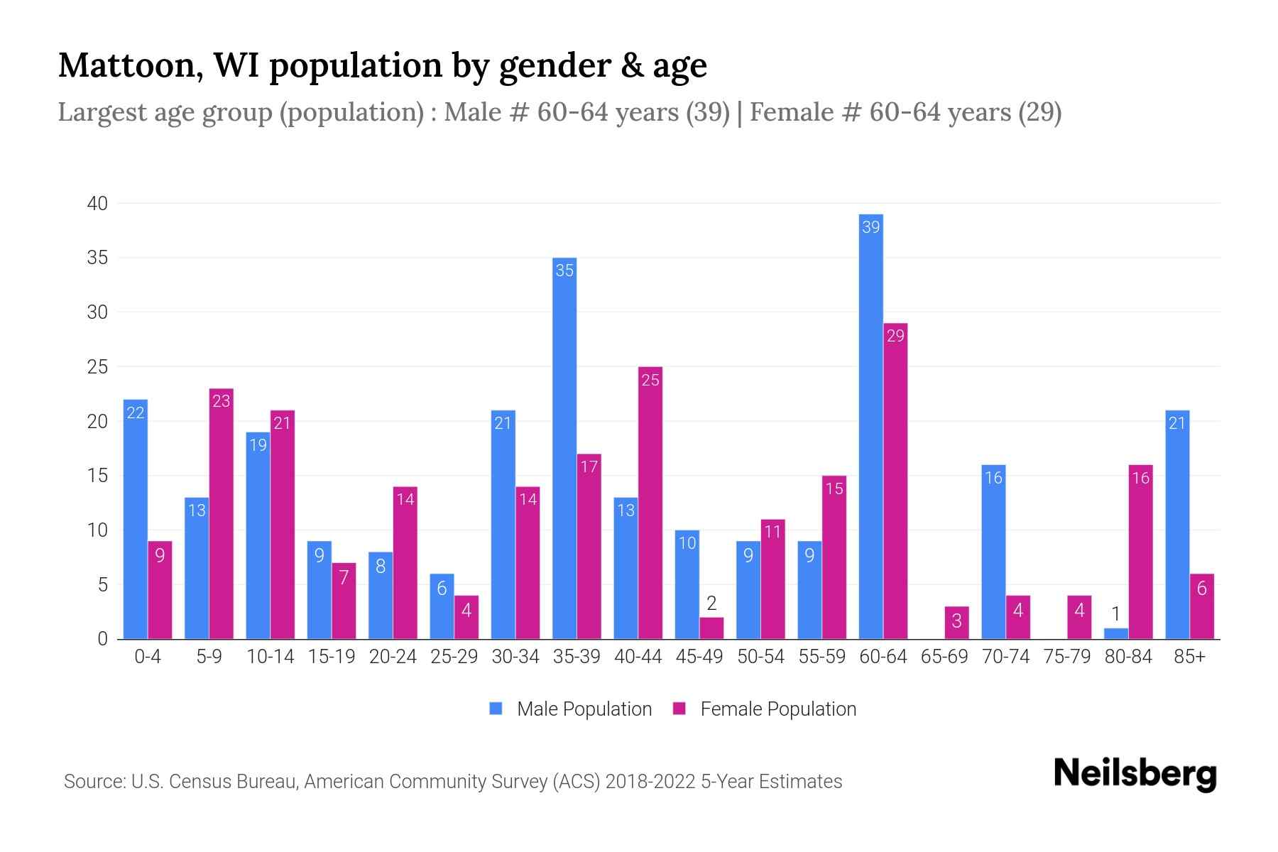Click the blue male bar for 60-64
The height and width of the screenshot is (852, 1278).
click(870, 426)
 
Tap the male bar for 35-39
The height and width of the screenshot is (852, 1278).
click(564, 448)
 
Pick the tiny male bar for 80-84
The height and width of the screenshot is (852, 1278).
click(1115, 633)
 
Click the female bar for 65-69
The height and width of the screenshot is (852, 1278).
click(956, 623)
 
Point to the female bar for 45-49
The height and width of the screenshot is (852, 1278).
click(711, 628)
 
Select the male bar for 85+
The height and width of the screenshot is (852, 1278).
click(1176, 525)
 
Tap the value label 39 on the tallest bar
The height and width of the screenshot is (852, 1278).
click(870, 227)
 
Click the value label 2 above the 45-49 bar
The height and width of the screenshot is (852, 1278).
click(711, 603)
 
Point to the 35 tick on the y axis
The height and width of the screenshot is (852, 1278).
click(97, 258)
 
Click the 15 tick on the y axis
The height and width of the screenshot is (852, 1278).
click(97, 476)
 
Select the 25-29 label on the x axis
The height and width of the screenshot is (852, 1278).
click(454, 657)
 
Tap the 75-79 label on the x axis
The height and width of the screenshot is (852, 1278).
click(1066, 657)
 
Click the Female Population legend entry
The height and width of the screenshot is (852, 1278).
click(765, 709)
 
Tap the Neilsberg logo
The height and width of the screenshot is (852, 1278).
click(1135, 774)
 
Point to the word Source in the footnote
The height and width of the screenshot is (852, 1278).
click(93, 782)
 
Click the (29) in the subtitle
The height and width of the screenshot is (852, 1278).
click(1039, 112)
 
